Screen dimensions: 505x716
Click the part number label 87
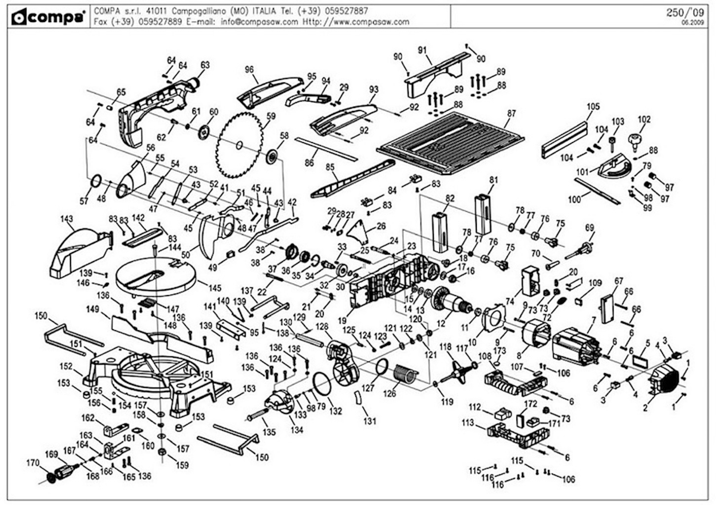pyautogui.click(x=511, y=113)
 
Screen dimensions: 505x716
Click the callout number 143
pyautogui.click(x=67, y=219)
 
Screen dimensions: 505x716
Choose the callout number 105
pyautogui.click(x=593, y=107)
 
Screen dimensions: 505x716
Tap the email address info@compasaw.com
pyautogui.click(x=259, y=22)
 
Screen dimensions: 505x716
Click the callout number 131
pyautogui.click(x=370, y=422)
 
